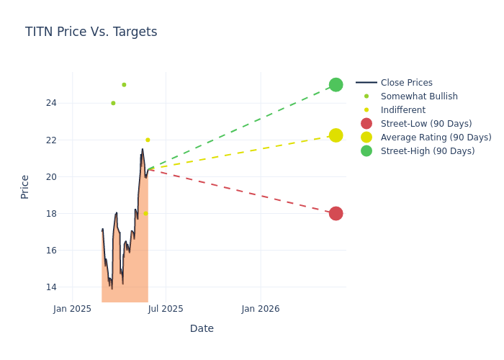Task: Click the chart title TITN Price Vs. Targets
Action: coord(91,32)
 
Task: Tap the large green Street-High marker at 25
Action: coord(336,84)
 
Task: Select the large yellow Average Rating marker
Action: coord(336,135)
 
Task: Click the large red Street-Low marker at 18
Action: coord(336,214)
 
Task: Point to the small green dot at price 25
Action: coord(124,85)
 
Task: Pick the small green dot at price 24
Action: coord(113,103)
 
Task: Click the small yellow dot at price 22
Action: coord(148,140)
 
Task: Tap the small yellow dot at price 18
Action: coord(145,214)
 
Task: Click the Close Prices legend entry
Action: coord(406,83)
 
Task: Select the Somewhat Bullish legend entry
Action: coord(419,96)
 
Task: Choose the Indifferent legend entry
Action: coord(402,110)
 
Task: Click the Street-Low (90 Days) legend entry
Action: coord(426,124)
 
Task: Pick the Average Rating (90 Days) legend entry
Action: coord(436,138)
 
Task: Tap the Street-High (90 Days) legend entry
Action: coord(428,151)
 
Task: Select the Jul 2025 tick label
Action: coord(166,309)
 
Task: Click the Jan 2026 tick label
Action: coord(261,309)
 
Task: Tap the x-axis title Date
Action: coord(202,329)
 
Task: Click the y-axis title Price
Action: coord(25,186)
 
